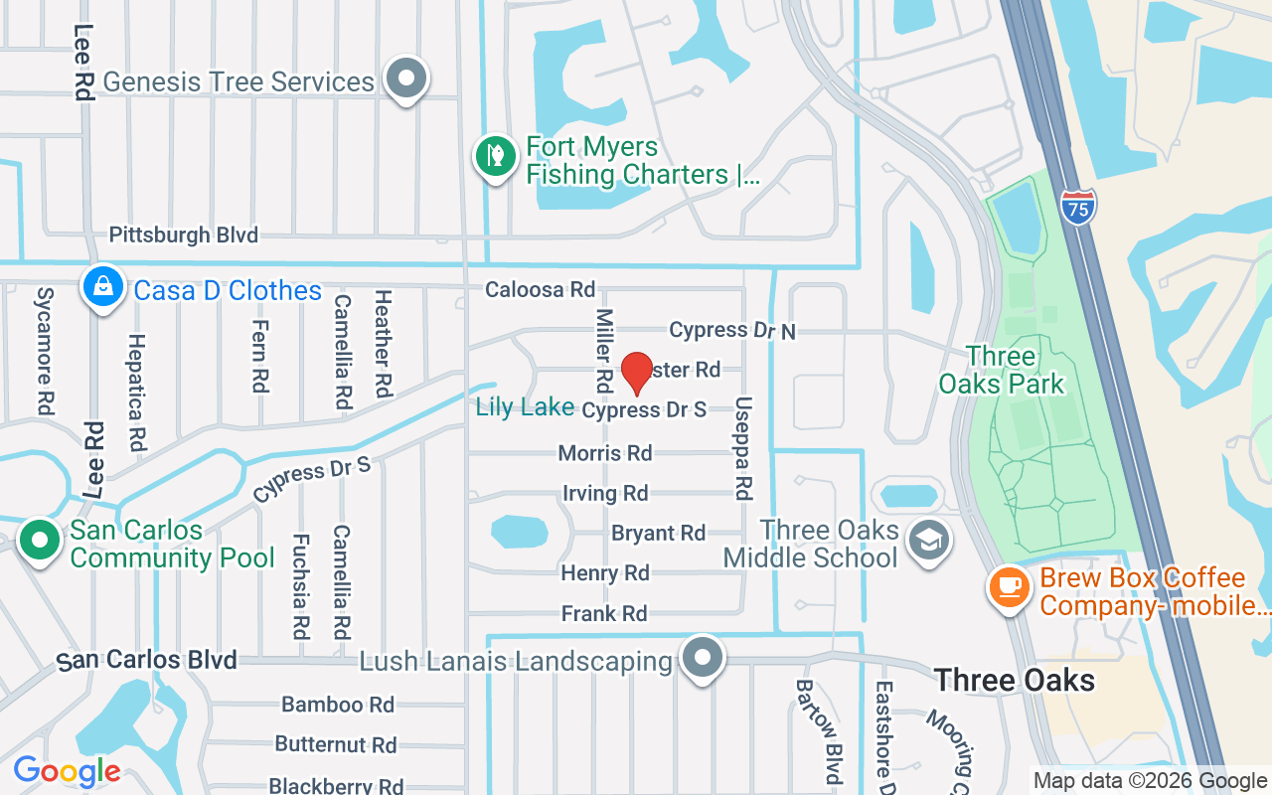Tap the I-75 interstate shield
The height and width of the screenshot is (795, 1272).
click(x=1078, y=207)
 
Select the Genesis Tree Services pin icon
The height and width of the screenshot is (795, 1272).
click(x=405, y=79)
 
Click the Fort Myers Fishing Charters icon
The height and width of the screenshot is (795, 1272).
click(x=494, y=156)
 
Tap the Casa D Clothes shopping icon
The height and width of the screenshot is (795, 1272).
click(x=102, y=288)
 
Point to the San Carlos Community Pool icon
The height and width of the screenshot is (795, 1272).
click(x=41, y=541)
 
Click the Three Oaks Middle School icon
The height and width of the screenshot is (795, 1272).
click(x=929, y=541)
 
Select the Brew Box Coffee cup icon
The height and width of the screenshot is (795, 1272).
click(x=1009, y=587)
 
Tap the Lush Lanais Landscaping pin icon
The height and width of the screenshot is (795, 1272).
click(x=704, y=658)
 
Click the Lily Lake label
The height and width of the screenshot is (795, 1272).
click(x=525, y=406)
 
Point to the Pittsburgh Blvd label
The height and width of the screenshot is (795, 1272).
click(x=183, y=236)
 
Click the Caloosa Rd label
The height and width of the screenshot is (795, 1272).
click(x=540, y=289)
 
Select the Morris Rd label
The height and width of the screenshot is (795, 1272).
click(x=605, y=453)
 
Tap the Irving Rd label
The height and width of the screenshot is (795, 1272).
click(x=605, y=493)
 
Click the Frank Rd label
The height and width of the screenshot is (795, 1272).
click(x=604, y=613)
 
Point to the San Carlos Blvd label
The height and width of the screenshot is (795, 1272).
click(x=146, y=660)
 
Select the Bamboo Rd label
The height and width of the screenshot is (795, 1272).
click(x=338, y=705)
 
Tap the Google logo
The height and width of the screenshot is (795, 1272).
click(x=67, y=771)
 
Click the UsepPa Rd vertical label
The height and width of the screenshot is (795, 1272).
click(x=743, y=448)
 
